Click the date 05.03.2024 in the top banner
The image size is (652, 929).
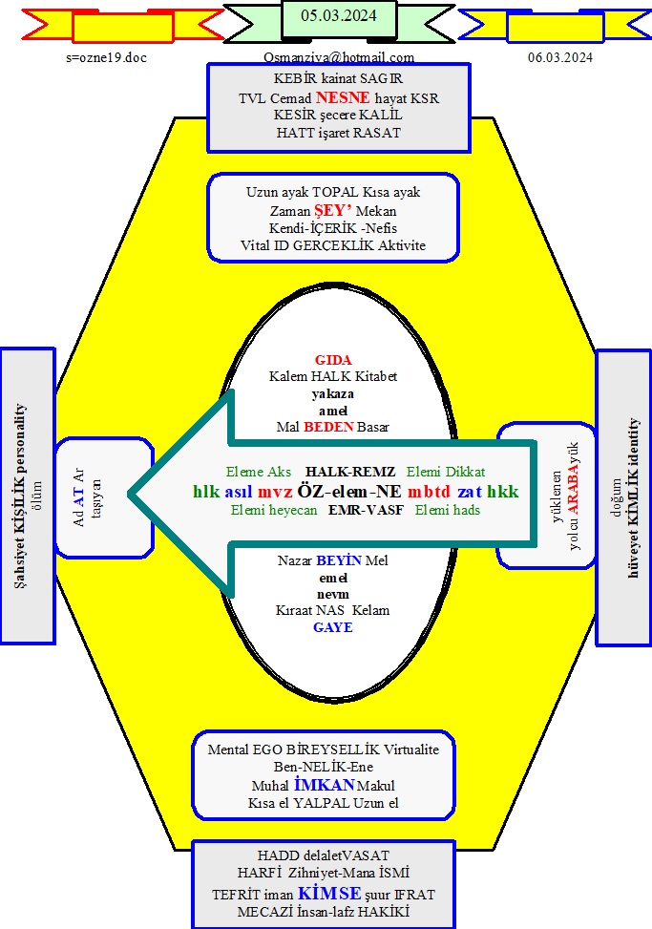pos(338,15)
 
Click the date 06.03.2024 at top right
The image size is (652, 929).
pos(560,57)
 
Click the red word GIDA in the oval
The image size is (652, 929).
pos(334,360)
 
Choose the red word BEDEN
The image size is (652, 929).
pos(329,427)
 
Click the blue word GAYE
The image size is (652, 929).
pos(333,627)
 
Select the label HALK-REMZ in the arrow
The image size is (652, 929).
pos(344,472)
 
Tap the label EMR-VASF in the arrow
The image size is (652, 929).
pos(366,510)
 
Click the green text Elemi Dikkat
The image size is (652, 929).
pos(446,472)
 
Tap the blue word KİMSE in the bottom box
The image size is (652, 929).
pos(329,893)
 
